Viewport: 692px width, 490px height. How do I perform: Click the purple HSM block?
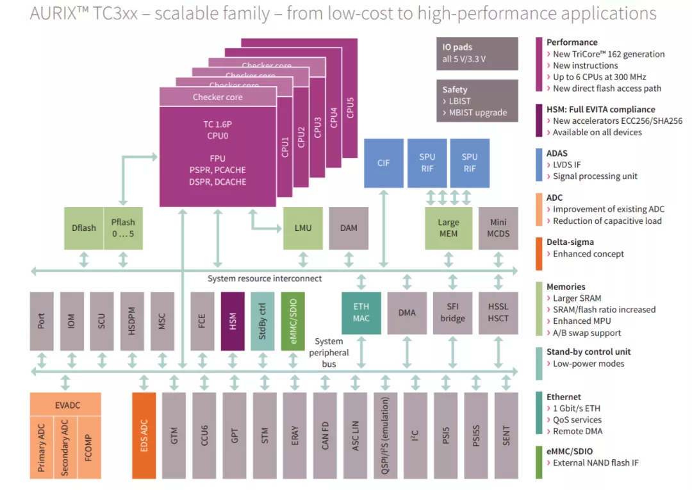pyautogui.click(x=233, y=321)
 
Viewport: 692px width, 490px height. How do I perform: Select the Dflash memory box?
pyautogui.click(x=83, y=228)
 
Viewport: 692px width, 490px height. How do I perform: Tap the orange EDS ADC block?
pyautogui.click(x=144, y=435)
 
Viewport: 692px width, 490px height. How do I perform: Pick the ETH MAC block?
pyautogui.click(x=361, y=312)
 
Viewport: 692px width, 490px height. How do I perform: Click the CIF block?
pyautogui.click(x=383, y=163)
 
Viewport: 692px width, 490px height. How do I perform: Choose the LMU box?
pyautogui.click(x=303, y=228)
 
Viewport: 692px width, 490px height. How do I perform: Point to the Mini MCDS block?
pyautogui.click(x=498, y=228)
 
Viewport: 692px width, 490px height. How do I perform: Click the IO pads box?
pyautogui.click(x=477, y=53)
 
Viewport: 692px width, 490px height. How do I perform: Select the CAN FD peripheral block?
pyautogui.click(x=325, y=435)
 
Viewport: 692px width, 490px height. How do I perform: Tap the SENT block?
pyautogui.click(x=506, y=435)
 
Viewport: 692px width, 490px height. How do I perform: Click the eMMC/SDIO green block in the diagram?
pyautogui.click(x=293, y=321)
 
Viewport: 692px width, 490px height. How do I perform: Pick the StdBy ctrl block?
pyautogui.click(x=263, y=321)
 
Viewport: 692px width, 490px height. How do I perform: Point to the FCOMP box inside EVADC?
pyautogui.click(x=88, y=447)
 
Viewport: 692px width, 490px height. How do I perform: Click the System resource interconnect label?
pyautogui.click(x=265, y=279)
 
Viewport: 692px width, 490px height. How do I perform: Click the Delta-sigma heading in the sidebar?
pyautogui.click(x=570, y=242)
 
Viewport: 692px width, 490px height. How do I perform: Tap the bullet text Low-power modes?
pyautogui.click(x=588, y=364)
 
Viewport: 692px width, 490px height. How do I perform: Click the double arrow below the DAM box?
pyautogui.click(x=349, y=260)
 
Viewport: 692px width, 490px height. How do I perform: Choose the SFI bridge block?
pyautogui.click(x=452, y=312)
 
